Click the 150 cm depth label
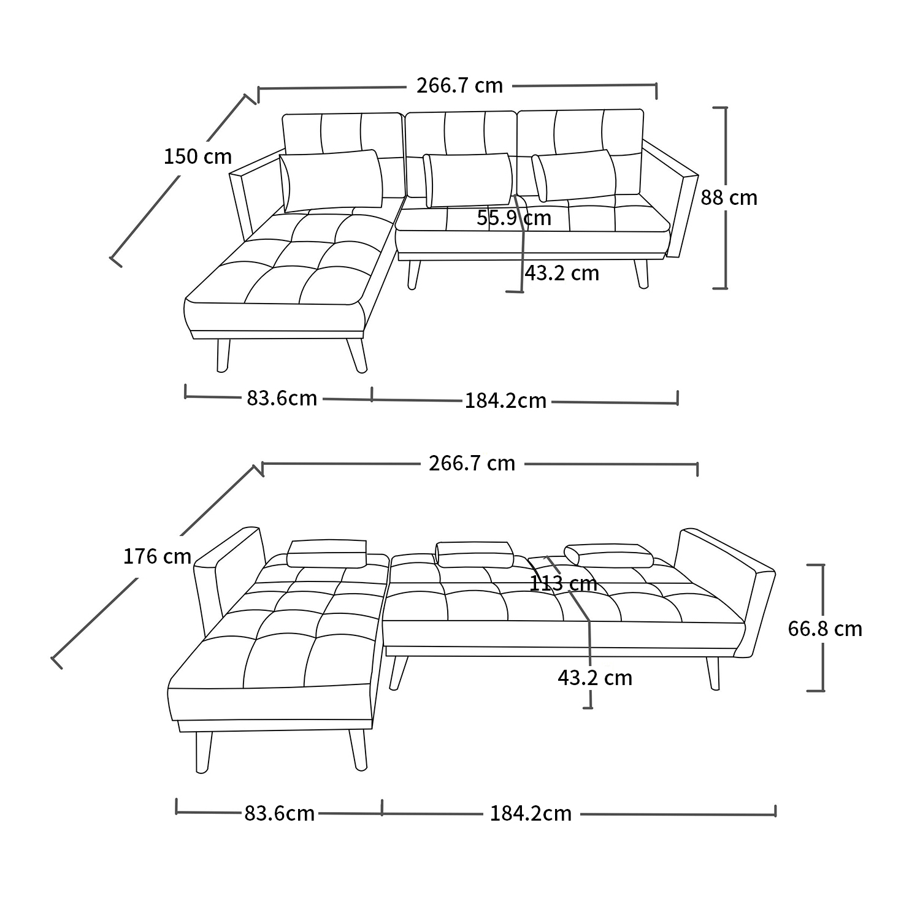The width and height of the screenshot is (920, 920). coord(197,157)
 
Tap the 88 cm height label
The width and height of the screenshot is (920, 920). coord(729,197)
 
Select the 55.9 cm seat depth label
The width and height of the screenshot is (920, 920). coord(514,218)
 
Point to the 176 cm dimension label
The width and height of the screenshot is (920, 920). coord(158,556)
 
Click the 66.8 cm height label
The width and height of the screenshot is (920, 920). coord(825,629)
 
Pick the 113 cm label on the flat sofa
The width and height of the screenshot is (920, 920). coord(563,583)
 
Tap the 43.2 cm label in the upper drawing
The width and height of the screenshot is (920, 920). coord(562,273)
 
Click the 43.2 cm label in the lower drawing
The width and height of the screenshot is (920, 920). coord(595,678)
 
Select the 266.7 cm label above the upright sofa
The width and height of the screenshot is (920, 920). coord(460,85)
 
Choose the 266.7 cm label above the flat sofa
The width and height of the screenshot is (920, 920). coord(472,463)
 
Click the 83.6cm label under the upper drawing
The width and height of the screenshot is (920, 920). coord(282,398)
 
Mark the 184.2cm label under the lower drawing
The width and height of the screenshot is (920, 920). coord(531,813)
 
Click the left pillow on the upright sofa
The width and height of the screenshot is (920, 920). coord(331,180)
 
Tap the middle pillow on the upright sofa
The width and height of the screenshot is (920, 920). coord(469,180)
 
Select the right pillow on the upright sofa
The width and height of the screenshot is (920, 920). coord(574,175)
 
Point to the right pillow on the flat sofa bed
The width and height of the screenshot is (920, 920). coord(609,556)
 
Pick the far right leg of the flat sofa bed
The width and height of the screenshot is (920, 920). coord(713,673)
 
